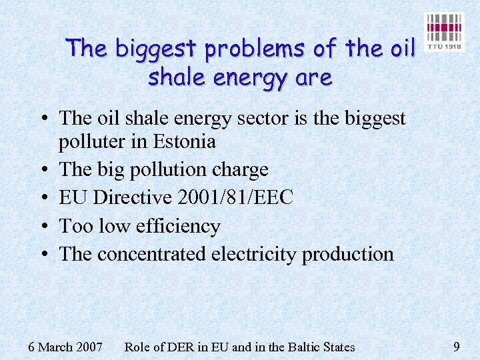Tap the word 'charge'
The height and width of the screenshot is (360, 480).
240,169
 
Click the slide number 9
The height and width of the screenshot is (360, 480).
456,346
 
